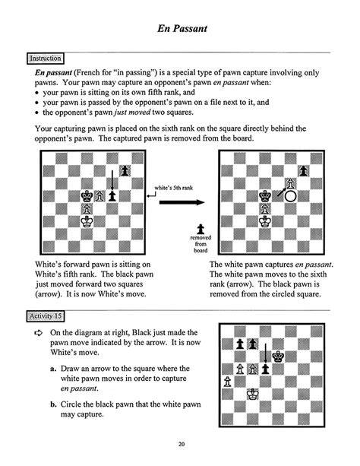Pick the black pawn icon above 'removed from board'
click(x=200, y=228)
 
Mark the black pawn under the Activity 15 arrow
click(x=266, y=368)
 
